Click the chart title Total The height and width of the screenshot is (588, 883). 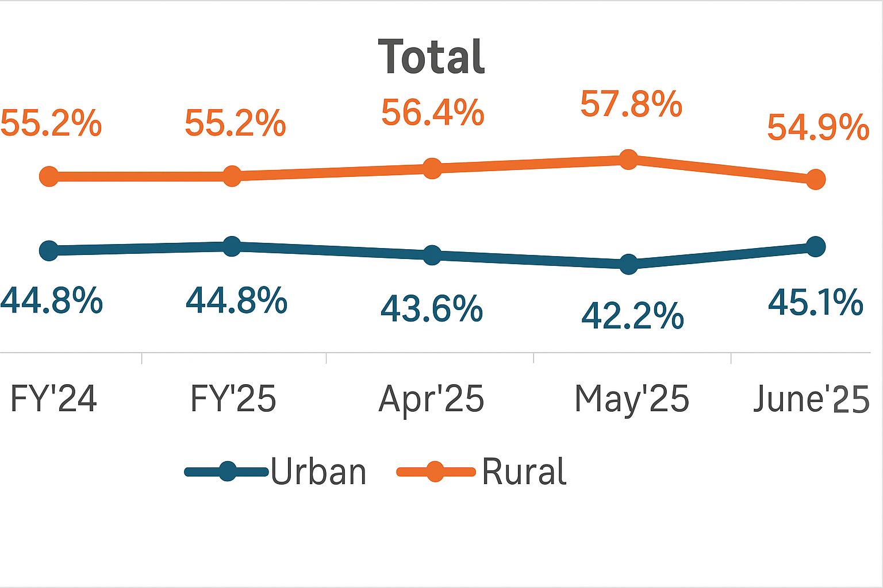point(432,57)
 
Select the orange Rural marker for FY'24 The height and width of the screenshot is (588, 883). point(49,176)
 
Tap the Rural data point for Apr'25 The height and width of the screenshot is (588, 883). point(432,168)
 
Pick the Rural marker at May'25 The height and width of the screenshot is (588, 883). point(628,159)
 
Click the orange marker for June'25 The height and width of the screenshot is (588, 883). point(815,179)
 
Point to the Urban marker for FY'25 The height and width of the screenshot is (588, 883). point(232,246)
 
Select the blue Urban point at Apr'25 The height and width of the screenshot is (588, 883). point(432,255)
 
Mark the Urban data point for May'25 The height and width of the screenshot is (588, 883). point(628,264)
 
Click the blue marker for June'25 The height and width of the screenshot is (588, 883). point(815,247)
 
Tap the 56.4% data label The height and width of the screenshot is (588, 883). point(433,113)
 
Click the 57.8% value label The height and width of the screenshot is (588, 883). point(631,105)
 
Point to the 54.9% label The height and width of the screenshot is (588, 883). point(817,127)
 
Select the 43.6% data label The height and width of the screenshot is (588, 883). point(432,309)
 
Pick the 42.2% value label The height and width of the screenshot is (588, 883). point(632,316)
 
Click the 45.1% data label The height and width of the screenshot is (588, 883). point(815,303)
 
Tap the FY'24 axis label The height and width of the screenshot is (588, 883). point(54,399)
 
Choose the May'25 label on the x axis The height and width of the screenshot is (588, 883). point(632,399)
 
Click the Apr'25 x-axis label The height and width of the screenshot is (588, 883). point(432,399)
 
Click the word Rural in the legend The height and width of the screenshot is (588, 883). point(524,473)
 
